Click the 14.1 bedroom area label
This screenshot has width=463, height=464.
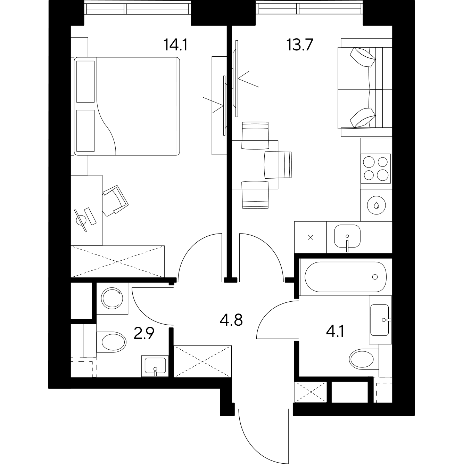(176, 45)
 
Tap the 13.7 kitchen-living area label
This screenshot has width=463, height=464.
(300, 45)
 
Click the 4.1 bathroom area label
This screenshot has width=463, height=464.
(335, 331)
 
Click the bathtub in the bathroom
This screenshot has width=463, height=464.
(345, 277)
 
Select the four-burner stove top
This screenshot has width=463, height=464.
(375, 168)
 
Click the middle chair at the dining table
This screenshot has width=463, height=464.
(278, 164)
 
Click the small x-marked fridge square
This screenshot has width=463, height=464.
(311, 237)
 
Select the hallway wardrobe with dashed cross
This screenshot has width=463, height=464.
(202, 361)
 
